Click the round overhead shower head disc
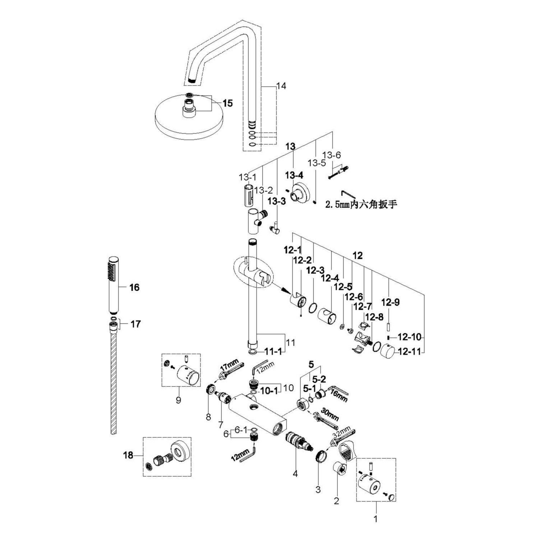pyautogui.click(x=189, y=119)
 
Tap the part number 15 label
pyautogui.click(x=227, y=103)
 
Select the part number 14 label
pyautogui.click(x=281, y=86)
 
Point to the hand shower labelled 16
pyautogui.click(x=114, y=284)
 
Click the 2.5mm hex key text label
pyautogui.click(x=361, y=204)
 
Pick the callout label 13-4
pyautogui.click(x=294, y=175)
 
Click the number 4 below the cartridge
pyautogui.click(x=295, y=474)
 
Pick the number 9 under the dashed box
pyautogui.click(x=179, y=400)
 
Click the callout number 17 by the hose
pyautogui.click(x=135, y=324)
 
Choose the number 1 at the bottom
pyautogui.click(x=376, y=519)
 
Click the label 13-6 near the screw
pyautogui.click(x=331, y=155)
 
